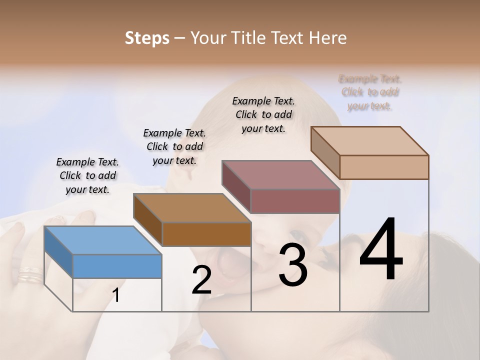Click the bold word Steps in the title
click(147, 38)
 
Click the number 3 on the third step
click(292, 264)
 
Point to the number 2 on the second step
click(201, 279)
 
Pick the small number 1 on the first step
click(116, 295)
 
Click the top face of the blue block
click(103, 240)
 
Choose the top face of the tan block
click(370, 141)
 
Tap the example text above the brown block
click(174, 146)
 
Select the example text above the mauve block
click(263, 114)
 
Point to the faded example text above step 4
click(370, 92)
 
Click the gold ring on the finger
click(30, 274)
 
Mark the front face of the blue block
click(117, 266)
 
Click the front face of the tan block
click(384, 167)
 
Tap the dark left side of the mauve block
click(235, 186)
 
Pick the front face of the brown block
click(206, 234)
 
